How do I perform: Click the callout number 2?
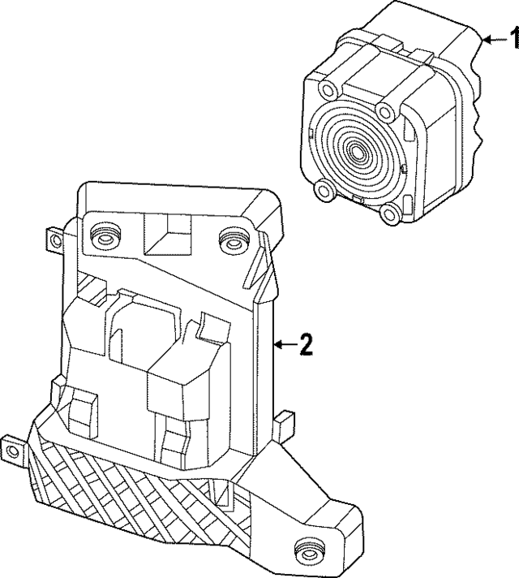[x=306, y=345]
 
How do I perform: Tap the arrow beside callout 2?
[x=285, y=345]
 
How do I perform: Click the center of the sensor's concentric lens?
[x=356, y=151]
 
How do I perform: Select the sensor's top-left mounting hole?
[x=327, y=88]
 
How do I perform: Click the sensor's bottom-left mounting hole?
[x=325, y=191]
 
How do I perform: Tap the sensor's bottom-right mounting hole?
[x=389, y=214]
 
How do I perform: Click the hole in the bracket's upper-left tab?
[x=57, y=241]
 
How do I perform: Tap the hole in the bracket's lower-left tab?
[x=12, y=451]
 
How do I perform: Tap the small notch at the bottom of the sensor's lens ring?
[x=358, y=200]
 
